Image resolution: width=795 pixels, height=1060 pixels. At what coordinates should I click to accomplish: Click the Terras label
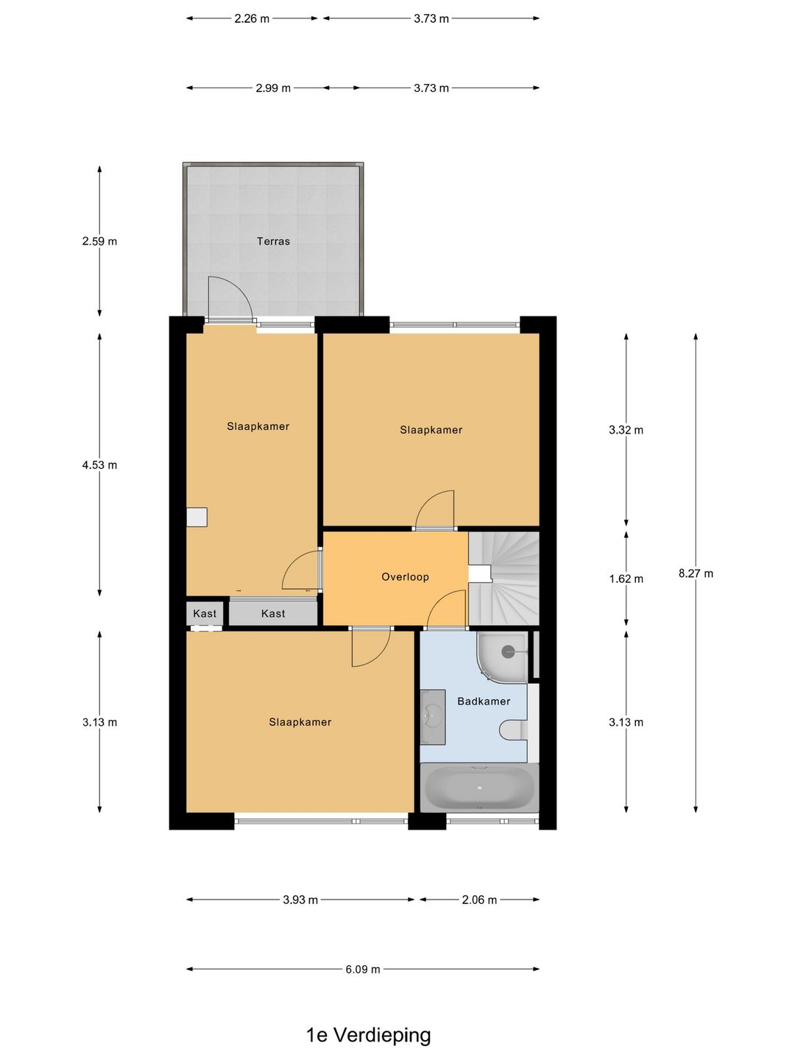[x=273, y=241]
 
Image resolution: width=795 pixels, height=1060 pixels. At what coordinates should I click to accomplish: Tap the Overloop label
[x=405, y=576]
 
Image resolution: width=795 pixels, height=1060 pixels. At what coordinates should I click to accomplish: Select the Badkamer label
[x=484, y=701]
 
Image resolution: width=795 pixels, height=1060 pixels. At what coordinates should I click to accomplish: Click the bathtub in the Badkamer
[x=479, y=787]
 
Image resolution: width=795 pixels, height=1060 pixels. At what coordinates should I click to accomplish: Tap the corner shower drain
[x=508, y=652]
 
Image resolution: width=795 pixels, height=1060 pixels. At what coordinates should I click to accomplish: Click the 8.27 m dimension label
[x=696, y=573]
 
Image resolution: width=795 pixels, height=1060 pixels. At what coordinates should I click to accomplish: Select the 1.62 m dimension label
[x=626, y=579]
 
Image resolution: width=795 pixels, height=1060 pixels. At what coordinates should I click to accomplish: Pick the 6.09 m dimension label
[x=363, y=979]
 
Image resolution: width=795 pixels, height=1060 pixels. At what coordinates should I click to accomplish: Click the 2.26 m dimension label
[x=252, y=19]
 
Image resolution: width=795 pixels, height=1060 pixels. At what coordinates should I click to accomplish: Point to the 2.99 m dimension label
[x=273, y=88]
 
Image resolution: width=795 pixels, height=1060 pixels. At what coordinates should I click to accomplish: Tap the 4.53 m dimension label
[x=99, y=465]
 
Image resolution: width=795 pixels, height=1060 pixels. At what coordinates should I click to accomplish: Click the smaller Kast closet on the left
[x=205, y=613]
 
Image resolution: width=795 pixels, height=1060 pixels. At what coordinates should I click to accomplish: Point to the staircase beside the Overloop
[x=504, y=579]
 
